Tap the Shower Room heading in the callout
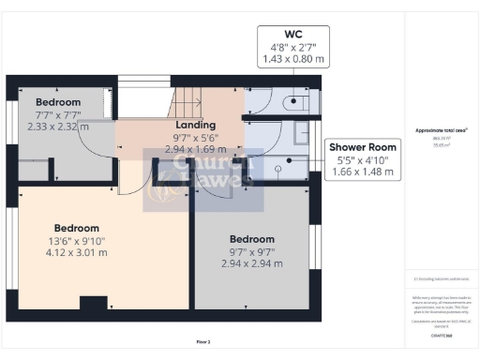tap(361, 147)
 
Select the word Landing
tap(196, 125)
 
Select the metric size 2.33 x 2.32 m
tap(58, 127)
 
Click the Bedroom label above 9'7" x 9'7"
tap(251, 239)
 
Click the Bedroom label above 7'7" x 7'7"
tap(58, 102)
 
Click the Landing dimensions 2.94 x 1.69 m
tap(196, 148)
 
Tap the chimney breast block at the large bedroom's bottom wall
tap(93, 303)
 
